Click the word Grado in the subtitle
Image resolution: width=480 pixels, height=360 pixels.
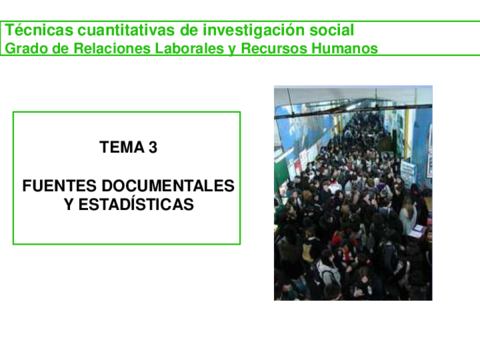tap(25, 48)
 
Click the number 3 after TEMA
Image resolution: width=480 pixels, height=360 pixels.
tap(153, 148)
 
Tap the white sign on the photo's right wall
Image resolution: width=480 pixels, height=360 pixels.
tap(408, 171)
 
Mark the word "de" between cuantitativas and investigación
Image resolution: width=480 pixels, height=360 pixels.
tap(186, 31)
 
